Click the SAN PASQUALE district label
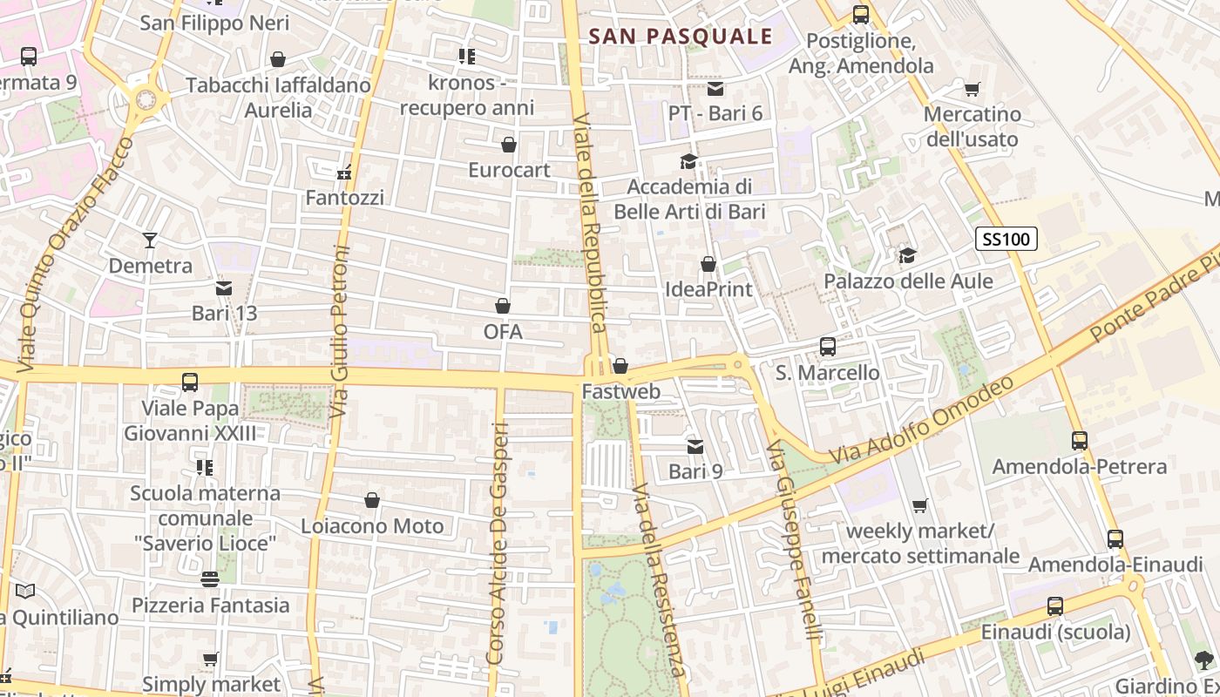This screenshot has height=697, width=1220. point(680,36)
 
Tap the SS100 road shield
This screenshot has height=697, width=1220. point(1006,239)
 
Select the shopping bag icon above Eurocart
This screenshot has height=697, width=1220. point(509,145)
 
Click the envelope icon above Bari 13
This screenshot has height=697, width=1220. point(224,288)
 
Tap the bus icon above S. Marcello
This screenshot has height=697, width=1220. point(828,347)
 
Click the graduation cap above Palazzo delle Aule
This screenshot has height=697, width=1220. point(908,255)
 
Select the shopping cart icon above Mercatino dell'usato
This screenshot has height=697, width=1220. point(972,89)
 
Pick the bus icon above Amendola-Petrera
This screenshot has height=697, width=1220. point(1080,441)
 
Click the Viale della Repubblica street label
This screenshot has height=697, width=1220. point(590,222)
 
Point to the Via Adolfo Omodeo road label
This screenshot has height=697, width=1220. point(922,420)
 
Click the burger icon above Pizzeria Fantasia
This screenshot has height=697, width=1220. point(210,579)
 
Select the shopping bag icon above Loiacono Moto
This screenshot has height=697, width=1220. point(372,501)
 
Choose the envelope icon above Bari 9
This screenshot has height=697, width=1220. point(695,447)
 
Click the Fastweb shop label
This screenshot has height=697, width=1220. point(621,392)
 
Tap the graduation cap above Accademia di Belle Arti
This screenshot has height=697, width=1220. point(688,161)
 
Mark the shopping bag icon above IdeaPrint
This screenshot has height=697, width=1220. point(708,264)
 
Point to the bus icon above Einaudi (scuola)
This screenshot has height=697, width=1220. point(1055,606)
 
